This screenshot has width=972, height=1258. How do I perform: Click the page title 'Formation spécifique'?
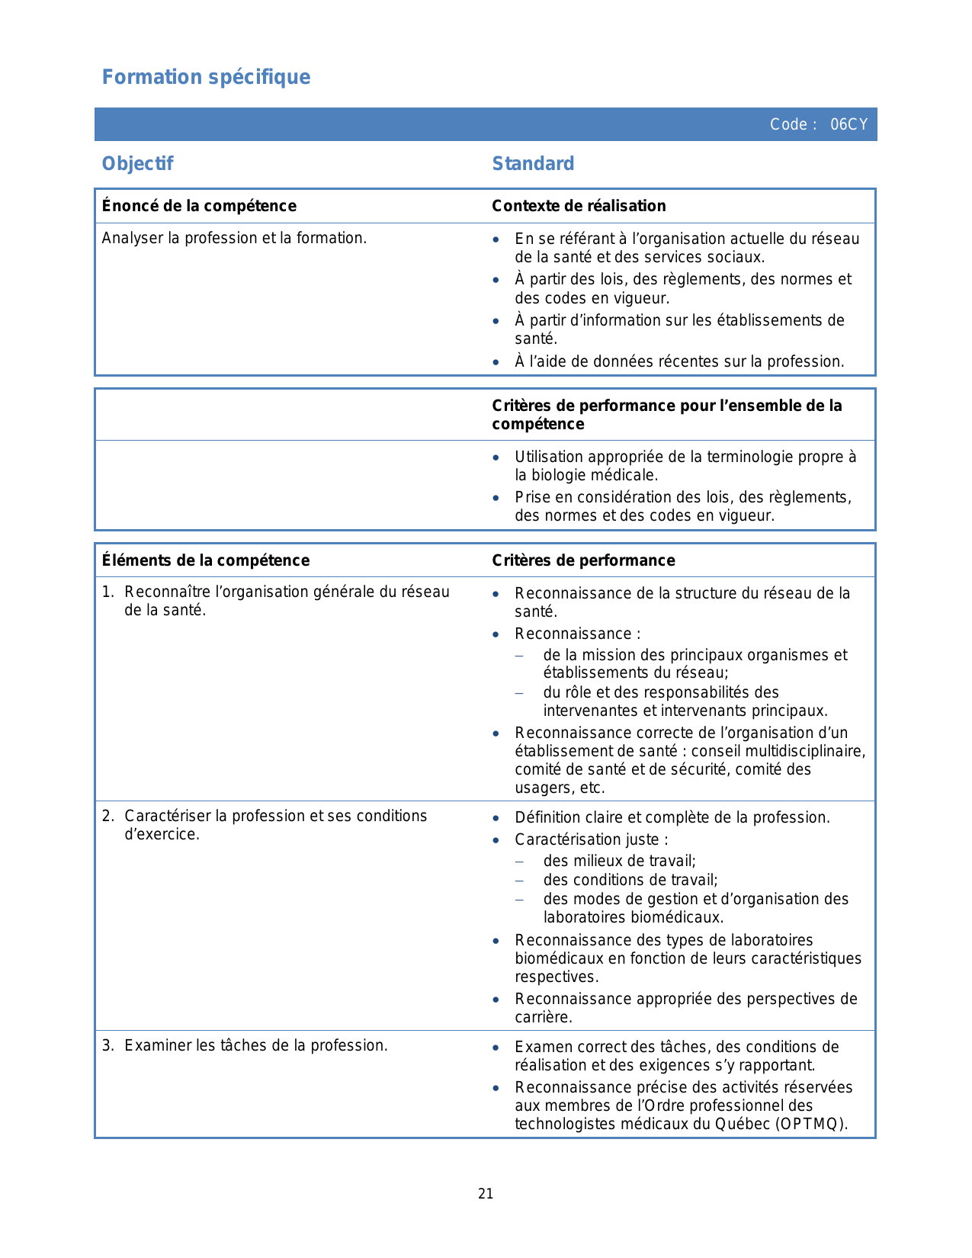(206, 77)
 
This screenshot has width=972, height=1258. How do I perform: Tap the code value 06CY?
(848, 125)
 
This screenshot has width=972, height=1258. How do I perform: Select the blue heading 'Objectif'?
(137, 164)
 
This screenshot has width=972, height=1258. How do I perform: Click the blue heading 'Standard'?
(533, 164)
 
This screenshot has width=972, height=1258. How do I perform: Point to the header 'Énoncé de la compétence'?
(199, 206)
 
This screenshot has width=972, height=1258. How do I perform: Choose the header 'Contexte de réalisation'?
(579, 206)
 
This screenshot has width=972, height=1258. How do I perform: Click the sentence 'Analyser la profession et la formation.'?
(234, 238)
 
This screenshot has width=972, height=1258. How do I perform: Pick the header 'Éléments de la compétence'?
(206, 560)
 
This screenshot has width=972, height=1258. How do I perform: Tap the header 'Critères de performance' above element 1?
(583, 560)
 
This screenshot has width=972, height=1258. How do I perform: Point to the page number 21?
(486, 1194)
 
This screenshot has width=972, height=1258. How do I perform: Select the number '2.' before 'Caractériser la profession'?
(108, 816)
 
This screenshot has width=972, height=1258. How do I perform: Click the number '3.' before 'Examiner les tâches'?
(108, 1045)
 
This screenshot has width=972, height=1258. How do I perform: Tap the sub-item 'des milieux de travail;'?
(619, 862)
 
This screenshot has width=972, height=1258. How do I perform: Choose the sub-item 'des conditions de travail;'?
(630, 880)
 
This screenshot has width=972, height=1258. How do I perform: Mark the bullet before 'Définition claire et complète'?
(496, 818)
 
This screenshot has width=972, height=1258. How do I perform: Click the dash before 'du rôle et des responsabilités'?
(519, 693)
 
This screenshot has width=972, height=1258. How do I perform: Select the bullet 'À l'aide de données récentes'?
(678, 361)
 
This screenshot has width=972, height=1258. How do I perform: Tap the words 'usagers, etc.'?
(560, 788)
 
